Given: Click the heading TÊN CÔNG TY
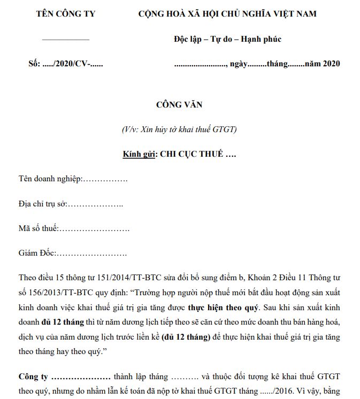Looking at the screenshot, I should (65, 14).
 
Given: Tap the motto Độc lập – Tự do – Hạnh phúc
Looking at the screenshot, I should (228, 39).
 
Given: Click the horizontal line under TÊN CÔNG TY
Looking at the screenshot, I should (65, 40).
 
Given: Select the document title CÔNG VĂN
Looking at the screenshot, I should (179, 105).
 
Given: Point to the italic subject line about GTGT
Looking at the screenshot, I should (179, 129).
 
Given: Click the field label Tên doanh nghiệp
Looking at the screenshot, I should (50, 179).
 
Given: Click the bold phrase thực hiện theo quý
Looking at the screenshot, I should (222, 308).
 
